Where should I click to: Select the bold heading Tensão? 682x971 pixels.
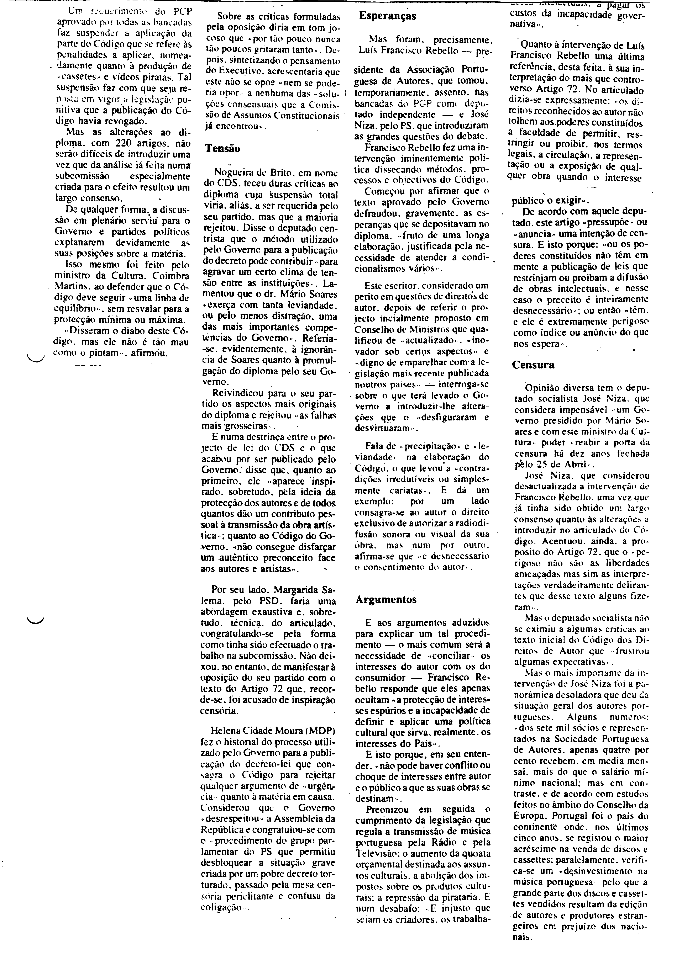coord(222,148)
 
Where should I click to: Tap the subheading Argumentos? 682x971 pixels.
coord(386,599)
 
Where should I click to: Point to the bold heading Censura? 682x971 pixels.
coord(533,365)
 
